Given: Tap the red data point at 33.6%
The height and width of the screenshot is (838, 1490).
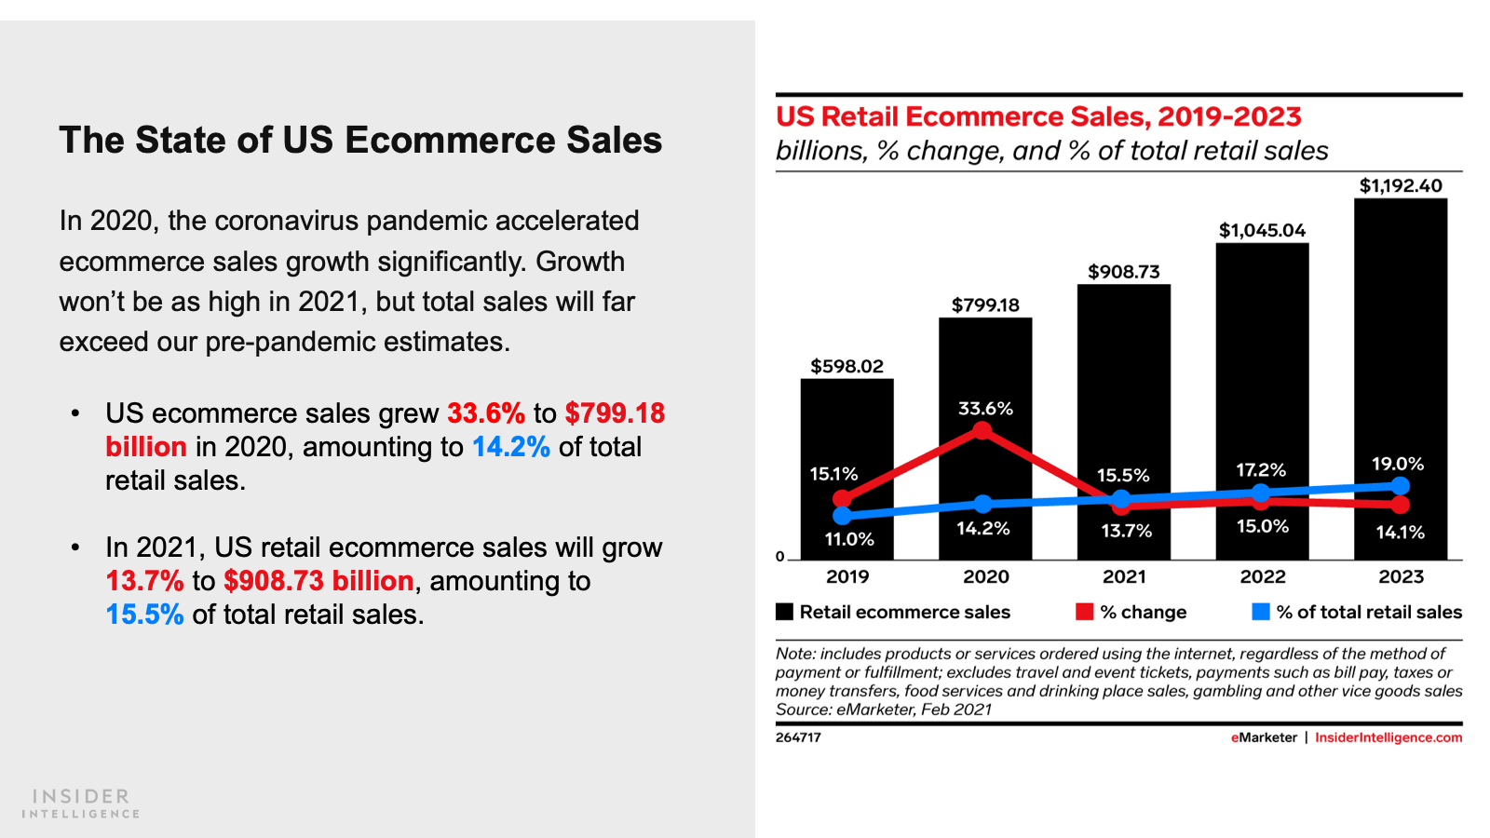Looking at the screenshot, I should click(x=982, y=430).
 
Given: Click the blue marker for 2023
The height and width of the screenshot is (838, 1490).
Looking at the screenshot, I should click(x=1400, y=486).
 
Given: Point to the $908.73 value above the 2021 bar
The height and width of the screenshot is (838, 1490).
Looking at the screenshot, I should click(x=1124, y=272).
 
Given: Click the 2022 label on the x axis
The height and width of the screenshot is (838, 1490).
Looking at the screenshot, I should click(x=1263, y=577).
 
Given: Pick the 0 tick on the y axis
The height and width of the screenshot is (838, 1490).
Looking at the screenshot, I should click(x=780, y=557).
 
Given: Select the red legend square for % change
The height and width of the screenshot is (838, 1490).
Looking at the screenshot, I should click(x=1084, y=612).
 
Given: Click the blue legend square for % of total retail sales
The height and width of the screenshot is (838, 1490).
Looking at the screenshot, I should click(x=1261, y=612).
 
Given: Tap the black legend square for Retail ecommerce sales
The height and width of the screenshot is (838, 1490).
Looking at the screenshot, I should click(x=784, y=612).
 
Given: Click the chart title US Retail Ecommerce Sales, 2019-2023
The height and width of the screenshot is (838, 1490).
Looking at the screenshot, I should click(x=1038, y=117).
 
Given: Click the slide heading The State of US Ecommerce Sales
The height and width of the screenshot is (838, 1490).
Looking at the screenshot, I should click(x=360, y=141).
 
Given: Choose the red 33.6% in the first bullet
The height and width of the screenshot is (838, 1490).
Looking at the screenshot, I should click(x=486, y=413).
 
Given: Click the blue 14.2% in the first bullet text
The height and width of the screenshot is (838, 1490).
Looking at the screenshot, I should click(x=511, y=447).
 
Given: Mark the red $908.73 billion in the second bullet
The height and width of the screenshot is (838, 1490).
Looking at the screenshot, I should click(x=318, y=581).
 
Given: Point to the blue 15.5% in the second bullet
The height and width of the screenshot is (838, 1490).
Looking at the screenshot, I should click(x=144, y=615).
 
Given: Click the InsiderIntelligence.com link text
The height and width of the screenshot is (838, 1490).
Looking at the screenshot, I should click(x=1388, y=737).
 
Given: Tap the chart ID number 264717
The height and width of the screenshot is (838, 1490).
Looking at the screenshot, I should click(x=798, y=737).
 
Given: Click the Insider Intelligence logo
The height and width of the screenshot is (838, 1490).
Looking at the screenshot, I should click(x=81, y=804).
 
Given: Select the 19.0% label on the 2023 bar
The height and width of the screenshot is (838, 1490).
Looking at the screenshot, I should click(x=1398, y=464).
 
